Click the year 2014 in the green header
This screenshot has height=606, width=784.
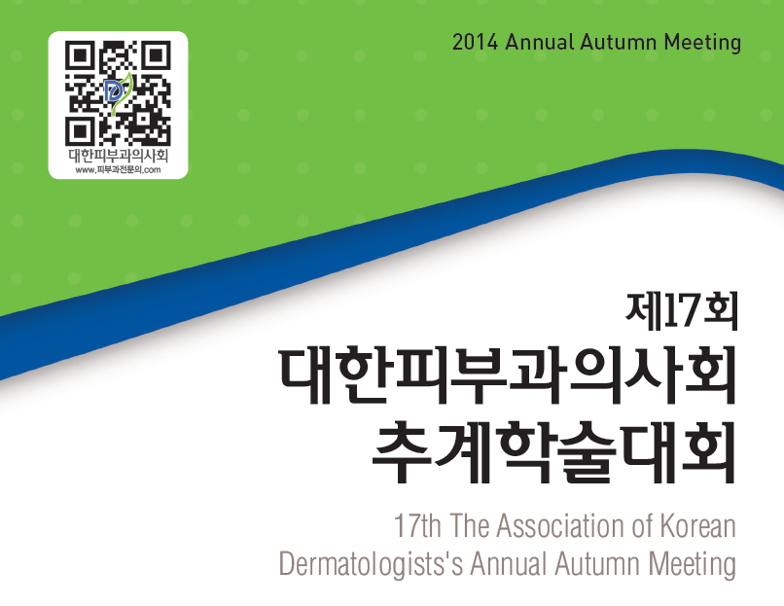pyautogui.click(x=475, y=42)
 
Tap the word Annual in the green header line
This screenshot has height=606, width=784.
pyautogui.click(x=540, y=42)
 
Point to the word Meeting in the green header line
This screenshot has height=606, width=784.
pyautogui.click(x=702, y=43)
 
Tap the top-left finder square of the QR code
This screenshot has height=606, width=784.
pyautogui.click(x=79, y=55)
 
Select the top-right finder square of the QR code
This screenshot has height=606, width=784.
pyautogui.click(x=157, y=55)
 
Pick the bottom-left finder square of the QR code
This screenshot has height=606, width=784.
pyautogui.click(x=79, y=131)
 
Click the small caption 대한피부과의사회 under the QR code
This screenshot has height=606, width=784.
pyautogui.click(x=118, y=156)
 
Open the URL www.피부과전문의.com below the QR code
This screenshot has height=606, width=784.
pyautogui.click(x=118, y=170)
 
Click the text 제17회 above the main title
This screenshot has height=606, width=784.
pyautogui.click(x=682, y=312)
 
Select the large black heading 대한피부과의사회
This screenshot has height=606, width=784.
pyautogui.click(x=507, y=375)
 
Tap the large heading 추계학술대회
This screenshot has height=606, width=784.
pyautogui.click(x=554, y=452)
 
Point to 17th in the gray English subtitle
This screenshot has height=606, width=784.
pyautogui.click(x=417, y=525)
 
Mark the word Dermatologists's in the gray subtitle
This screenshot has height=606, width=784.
pyautogui.click(x=371, y=564)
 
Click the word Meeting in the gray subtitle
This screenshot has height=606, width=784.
pyautogui.click(x=693, y=564)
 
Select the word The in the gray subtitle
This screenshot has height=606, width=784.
pyautogui.click(x=469, y=525)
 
